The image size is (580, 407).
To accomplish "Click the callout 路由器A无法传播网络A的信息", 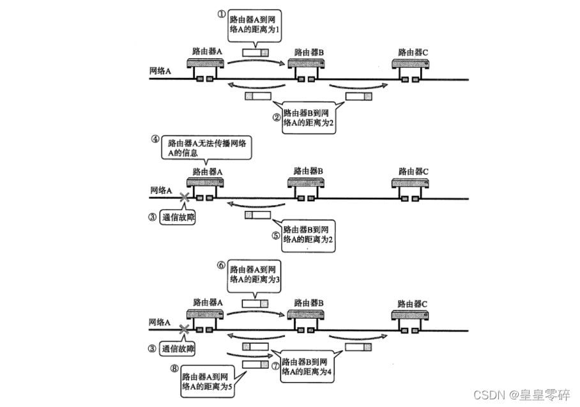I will point(205,148).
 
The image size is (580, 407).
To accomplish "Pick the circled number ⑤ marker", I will point(275,235).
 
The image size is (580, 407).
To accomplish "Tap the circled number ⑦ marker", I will point(275,367).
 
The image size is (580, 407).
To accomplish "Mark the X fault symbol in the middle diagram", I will point(185,198).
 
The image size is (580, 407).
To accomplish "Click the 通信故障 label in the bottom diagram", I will point(178,349).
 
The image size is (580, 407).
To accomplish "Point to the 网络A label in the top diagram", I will point(160,71).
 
